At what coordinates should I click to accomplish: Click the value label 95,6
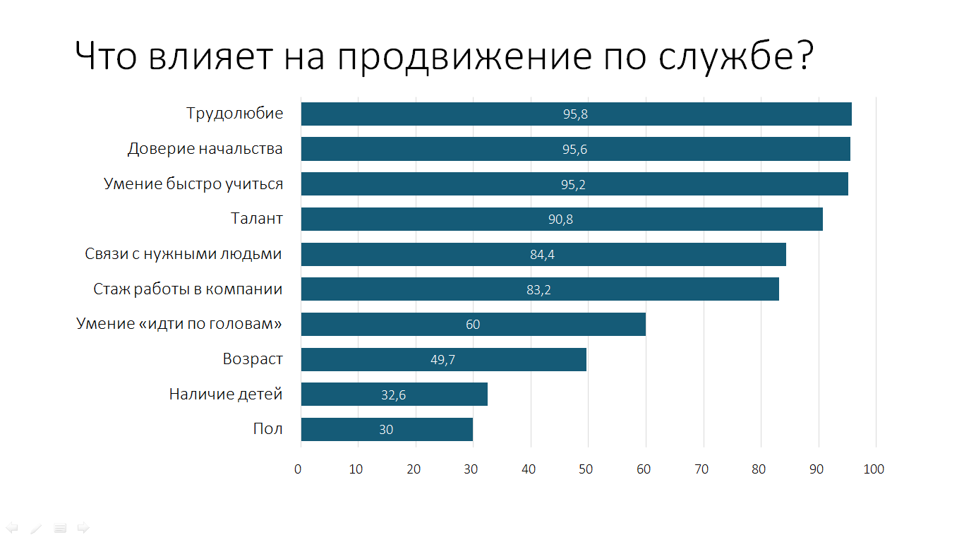coord(574,150)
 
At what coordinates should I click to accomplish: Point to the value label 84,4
coord(542,255)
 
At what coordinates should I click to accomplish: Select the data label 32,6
coord(393,395)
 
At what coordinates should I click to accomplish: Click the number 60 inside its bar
coord(473,325)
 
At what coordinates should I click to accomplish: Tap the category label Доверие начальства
coord(205,149)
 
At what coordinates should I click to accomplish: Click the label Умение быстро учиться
coord(193,184)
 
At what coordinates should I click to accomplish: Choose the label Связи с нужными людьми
coord(183,254)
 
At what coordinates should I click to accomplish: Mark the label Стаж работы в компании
coord(188,289)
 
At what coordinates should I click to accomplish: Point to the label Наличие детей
coord(226,395)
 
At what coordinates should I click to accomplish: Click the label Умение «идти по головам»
coord(179,324)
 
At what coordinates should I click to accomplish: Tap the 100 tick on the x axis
coord(875,469)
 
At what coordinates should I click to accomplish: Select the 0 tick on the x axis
coord(298,469)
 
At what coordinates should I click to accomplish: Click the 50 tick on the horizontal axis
coord(586,469)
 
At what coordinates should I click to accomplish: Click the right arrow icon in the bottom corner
coord(83,528)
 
